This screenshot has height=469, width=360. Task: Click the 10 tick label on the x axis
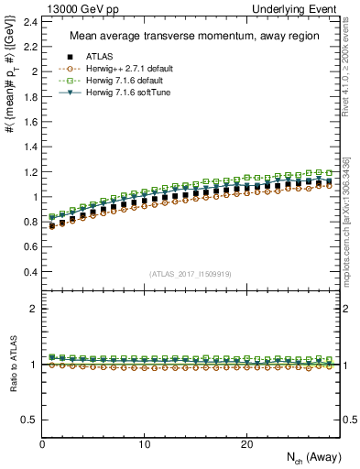click(144, 443)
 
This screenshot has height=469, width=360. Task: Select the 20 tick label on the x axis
click(245, 443)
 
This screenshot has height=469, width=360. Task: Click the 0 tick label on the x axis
click(42, 443)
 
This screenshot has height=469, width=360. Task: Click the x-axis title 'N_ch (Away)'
click(309, 458)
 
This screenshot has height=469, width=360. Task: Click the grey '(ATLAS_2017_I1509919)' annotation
click(190, 273)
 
